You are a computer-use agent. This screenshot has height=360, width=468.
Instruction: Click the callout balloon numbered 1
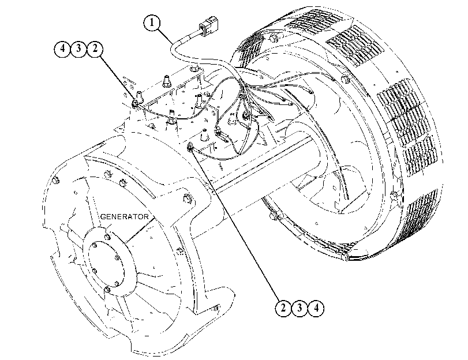tap(152, 23)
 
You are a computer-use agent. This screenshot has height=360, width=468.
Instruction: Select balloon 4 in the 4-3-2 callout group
tap(62, 48)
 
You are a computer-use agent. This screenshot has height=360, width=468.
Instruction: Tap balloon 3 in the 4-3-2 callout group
tap(78, 48)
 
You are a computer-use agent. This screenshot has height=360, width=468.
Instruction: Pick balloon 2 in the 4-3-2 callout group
tap(95, 48)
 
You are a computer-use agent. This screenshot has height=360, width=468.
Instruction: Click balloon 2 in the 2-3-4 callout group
tap(283, 308)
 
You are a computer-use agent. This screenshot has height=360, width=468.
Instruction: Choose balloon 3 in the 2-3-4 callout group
tap(299, 308)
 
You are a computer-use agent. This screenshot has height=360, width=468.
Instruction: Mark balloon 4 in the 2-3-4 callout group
tap(316, 308)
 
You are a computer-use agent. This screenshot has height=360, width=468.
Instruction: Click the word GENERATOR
tap(124, 216)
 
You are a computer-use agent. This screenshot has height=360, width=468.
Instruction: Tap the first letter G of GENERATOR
tap(103, 216)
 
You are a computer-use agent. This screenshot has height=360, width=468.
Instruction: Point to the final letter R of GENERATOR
tap(145, 216)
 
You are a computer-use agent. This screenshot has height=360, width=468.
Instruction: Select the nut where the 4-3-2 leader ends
tap(135, 104)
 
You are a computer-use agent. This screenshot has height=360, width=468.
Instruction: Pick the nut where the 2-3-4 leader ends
tap(190, 147)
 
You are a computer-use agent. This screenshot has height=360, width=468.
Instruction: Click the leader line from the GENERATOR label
tap(140, 230)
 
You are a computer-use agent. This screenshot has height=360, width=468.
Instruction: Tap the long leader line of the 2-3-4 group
tap(235, 224)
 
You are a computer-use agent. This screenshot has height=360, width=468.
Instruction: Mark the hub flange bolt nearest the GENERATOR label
tap(107, 237)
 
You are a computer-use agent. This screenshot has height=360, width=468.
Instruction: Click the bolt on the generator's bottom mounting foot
tap(216, 307)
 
